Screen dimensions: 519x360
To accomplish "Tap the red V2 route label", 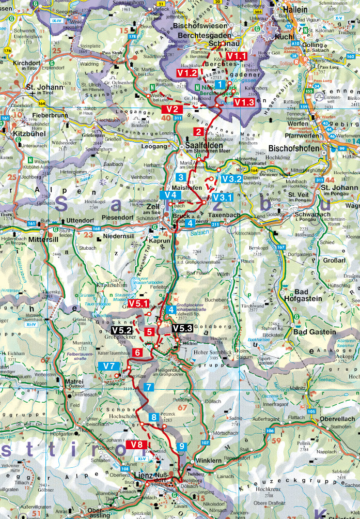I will point(173,110).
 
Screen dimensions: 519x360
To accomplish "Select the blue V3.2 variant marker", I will point(232,179).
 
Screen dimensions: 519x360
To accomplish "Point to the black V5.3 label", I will point(182,328).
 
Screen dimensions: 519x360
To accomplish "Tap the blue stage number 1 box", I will point(220,84).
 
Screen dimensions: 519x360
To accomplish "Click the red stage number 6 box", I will point(137,352).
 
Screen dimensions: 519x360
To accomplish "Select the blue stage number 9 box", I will point(181,447).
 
